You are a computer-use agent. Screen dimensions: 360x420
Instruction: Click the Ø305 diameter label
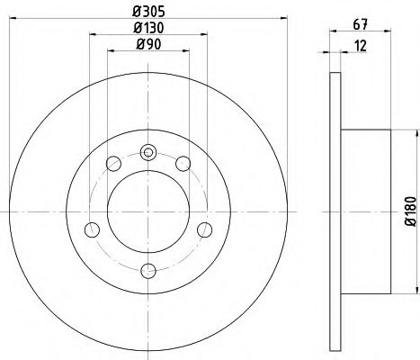coord(148,11)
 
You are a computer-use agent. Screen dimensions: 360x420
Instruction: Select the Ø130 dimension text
coord(148,29)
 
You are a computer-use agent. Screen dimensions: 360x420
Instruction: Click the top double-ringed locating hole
coord(148,152)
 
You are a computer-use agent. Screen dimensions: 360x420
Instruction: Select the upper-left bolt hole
coord(113,163)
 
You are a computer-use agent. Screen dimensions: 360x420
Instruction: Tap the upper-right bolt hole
coord(183,163)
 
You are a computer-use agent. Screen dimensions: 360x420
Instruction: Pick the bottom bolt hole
coord(148,270)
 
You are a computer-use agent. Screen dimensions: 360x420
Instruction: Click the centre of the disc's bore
coord(148,211)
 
